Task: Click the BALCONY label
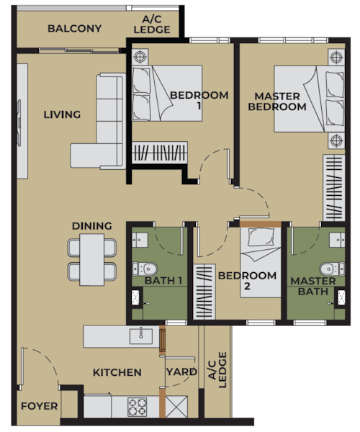tap(74, 28)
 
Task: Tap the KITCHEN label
tap(117, 372)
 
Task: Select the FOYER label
tap(39, 406)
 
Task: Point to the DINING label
tap(91, 226)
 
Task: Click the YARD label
tap(181, 372)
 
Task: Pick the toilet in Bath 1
tap(145, 269)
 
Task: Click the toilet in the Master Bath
tap(332, 269)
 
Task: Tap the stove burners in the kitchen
tap(138, 407)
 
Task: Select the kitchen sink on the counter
tap(140, 336)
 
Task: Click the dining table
tap(91, 259)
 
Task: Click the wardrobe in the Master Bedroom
tap(334, 188)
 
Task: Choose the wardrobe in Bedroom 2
tap(204, 292)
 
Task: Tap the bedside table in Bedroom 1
tap(140, 57)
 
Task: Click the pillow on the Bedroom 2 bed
tap(261, 237)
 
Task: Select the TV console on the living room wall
tap(22, 121)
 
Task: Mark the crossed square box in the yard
tap(176, 407)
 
